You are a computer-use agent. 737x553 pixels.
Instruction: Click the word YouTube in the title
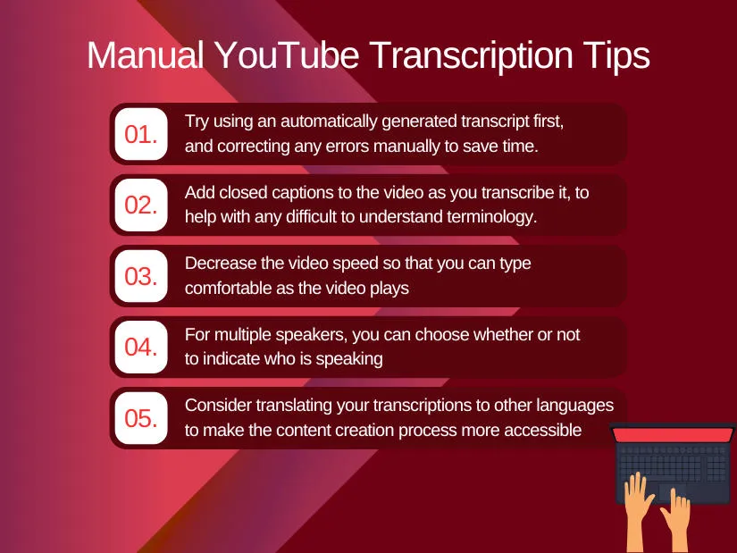click(287, 55)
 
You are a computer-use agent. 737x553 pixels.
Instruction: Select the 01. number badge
click(141, 134)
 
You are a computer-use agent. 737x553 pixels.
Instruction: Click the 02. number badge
click(141, 205)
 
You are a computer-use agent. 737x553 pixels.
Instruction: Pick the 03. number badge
click(141, 276)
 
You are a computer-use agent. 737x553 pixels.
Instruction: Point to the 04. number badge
click(141, 347)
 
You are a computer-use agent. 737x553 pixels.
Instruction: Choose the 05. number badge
click(141, 418)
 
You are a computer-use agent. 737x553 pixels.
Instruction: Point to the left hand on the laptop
click(638, 510)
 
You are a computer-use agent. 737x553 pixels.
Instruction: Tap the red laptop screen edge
click(673, 435)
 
